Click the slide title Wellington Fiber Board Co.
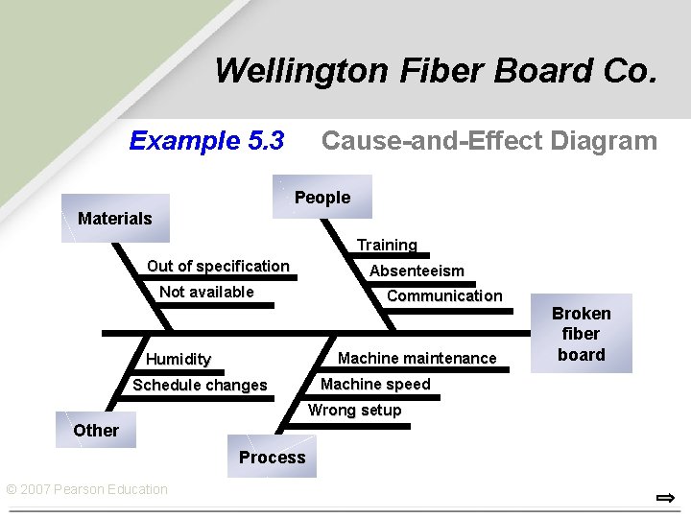436,71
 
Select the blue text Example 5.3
206,141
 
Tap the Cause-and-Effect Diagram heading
488,141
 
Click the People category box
322,198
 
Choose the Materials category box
115,219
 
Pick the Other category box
96,431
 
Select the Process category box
272,458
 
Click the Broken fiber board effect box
581,334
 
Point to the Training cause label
387,246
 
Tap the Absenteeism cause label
417,271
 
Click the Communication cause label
443,296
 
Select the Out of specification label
218,266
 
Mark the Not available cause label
206,292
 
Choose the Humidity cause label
179,359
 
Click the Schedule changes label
200,385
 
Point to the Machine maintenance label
417,358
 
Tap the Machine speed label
375,384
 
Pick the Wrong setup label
354,410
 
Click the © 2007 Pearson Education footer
86,489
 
